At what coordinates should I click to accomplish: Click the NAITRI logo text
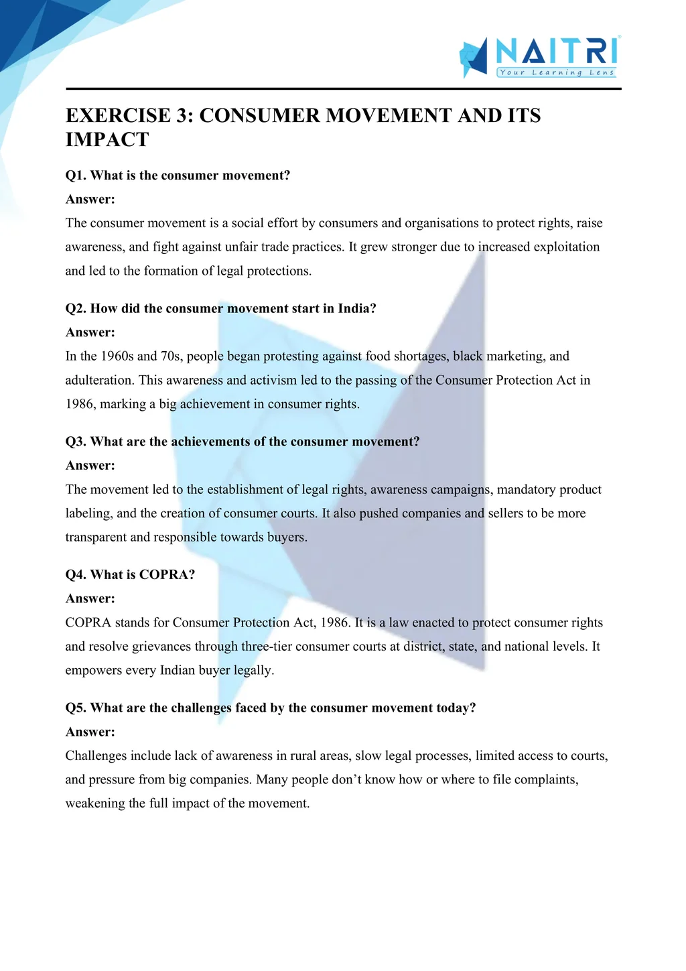(x=557, y=51)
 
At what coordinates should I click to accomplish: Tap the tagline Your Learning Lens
(x=557, y=72)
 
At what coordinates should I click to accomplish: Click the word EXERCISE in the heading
(x=118, y=115)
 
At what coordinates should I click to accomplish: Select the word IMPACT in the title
(x=107, y=139)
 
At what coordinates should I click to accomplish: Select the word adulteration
(x=98, y=380)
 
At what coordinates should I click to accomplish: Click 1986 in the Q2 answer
(x=79, y=404)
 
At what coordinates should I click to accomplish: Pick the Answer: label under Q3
(x=90, y=466)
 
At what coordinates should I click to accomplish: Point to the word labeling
(x=87, y=513)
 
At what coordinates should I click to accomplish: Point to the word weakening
(x=94, y=803)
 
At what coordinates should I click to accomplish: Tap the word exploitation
(x=566, y=247)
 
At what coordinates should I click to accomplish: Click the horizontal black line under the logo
(x=343, y=88)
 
